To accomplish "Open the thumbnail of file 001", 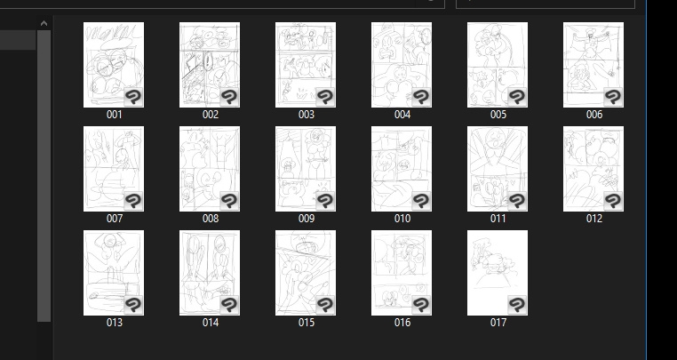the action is coord(114,65).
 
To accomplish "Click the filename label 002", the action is coord(211,115).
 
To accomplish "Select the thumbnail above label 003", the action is coord(306,65).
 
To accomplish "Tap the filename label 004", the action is coord(402,115).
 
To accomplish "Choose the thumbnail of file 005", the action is coord(498,65).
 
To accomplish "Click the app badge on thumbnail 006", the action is coord(612,97).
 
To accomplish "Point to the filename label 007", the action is coord(115,219).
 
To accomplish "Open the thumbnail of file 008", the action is coord(210,169).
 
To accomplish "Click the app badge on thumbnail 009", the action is coord(324,201).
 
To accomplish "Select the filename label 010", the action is coord(402,219).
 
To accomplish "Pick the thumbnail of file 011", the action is coord(498,169).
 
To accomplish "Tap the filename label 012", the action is coord(594,219).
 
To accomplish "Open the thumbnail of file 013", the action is coord(114,273).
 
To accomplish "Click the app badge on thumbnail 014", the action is coord(229,305).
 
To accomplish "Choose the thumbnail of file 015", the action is coord(306,273).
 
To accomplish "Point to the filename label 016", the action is coord(402,323).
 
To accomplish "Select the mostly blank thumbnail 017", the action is coord(498,273).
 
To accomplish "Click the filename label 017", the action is coord(498,323).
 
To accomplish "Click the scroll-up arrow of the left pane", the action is coord(44,23).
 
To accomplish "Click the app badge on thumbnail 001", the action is coord(133,97).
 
